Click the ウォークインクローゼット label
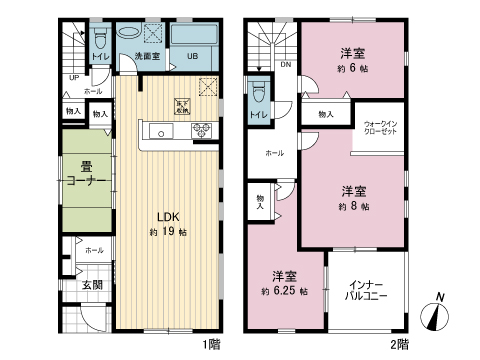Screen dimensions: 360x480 pyautogui.click(x=381, y=127)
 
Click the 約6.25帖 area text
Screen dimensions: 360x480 pyautogui.click(x=284, y=291)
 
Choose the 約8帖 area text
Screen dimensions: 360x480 pyautogui.click(x=355, y=205)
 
